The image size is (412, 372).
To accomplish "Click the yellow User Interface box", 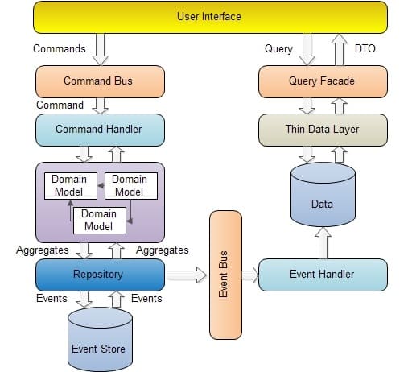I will (208, 17).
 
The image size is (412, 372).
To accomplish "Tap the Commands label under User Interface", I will (60, 48).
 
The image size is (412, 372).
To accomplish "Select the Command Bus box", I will (100, 81).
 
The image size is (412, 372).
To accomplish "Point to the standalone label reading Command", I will (60, 105).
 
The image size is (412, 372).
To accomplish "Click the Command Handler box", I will (100, 129).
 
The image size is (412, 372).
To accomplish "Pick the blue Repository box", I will (100, 274).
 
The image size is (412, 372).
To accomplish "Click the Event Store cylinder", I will (100, 341).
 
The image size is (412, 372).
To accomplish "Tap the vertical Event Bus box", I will (225, 274).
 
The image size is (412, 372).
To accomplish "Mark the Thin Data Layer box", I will (322, 129).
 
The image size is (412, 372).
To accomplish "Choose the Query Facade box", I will (322, 81).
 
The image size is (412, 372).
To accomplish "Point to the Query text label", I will (278, 48).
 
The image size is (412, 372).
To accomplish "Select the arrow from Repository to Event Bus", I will (187, 275).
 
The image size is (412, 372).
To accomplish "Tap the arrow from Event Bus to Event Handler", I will (250, 275).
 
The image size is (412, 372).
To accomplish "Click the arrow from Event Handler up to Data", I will (322, 242).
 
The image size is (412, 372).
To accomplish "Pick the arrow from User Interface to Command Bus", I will (101, 49).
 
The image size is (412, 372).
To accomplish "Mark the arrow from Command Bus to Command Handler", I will (101, 105).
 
